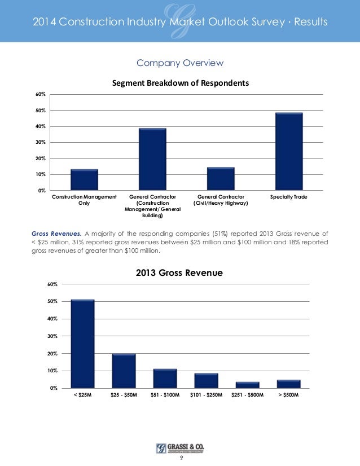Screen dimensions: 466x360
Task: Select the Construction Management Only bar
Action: click(84, 179)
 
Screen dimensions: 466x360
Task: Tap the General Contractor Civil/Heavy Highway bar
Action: click(221, 178)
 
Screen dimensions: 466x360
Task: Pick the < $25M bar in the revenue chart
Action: click(82, 344)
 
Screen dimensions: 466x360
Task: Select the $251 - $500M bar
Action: click(247, 385)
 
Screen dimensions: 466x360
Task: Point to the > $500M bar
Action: click(288, 384)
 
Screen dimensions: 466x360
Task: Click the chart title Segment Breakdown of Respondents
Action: click(180, 83)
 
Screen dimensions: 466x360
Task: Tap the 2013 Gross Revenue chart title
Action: click(179, 273)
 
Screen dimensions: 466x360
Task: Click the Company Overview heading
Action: click(180, 63)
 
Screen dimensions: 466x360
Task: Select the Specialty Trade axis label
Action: click(289, 197)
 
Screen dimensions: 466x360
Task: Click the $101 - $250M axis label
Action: click(206, 394)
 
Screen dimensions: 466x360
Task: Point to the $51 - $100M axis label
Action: click(165, 394)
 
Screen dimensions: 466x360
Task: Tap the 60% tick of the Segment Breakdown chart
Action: click(42, 94)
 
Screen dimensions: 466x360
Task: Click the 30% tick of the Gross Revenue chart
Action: click(52, 336)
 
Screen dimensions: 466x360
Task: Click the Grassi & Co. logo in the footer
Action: click(180, 448)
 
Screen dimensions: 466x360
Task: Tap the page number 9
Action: click(180, 458)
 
